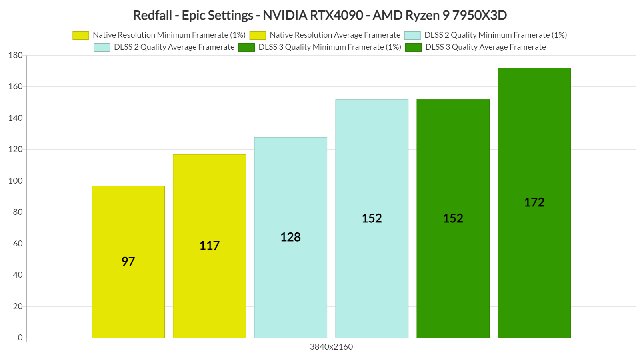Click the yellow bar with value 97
(x=128, y=262)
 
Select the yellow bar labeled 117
(x=209, y=246)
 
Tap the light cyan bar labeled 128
(x=290, y=237)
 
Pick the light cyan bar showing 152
(x=372, y=218)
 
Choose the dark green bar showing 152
(x=453, y=218)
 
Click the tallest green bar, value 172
(x=534, y=202)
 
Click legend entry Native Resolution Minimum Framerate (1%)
(x=159, y=35)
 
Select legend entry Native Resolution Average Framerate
(x=325, y=35)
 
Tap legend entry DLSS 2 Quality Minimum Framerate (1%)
(x=486, y=35)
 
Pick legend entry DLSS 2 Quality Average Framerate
(x=164, y=47)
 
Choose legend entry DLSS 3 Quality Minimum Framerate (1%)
(x=320, y=47)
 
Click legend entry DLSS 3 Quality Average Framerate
(x=476, y=47)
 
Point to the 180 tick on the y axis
(x=16, y=55)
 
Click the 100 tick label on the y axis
(x=16, y=181)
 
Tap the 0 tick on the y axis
(x=20, y=338)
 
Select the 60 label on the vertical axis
(x=18, y=244)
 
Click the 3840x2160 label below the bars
(x=331, y=347)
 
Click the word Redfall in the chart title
(x=152, y=15)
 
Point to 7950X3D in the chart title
(x=479, y=15)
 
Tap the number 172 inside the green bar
(x=534, y=202)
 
